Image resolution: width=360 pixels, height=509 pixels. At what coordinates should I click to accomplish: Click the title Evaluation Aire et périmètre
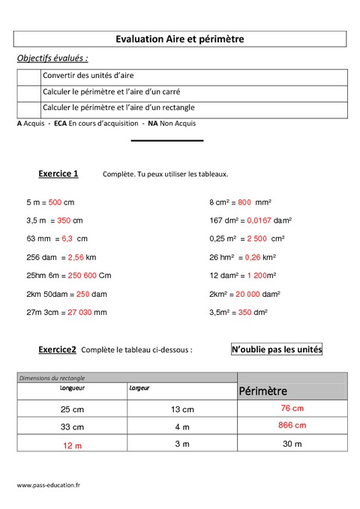180,38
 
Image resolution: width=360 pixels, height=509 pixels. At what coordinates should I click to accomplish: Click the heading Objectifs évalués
52,58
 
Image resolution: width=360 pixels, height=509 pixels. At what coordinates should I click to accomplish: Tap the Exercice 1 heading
58,174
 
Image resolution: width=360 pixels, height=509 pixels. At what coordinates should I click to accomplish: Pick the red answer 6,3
66,238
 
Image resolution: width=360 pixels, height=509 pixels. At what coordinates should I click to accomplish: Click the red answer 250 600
78,274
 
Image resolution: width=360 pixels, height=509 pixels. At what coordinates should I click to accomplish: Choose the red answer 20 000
255,293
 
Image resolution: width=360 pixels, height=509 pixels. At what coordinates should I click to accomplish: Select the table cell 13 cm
182,409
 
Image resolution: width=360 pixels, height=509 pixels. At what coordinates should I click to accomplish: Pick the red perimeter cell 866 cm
292,425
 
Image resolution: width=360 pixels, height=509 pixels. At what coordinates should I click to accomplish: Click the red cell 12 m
72,445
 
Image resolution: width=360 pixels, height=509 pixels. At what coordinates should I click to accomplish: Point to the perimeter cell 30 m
292,444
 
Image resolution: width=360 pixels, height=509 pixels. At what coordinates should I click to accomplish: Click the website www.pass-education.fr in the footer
49,486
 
